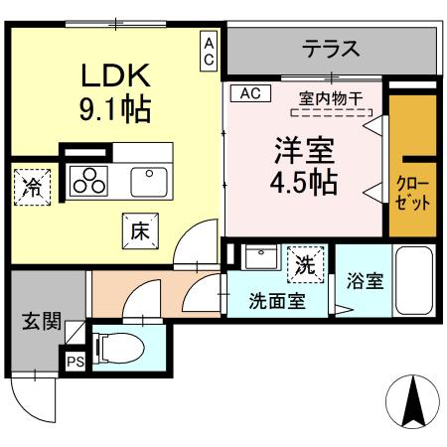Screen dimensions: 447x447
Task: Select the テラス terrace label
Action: click(x=331, y=48)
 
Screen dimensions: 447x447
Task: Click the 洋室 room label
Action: click(x=304, y=151)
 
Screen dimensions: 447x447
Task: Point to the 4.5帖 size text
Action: click(x=304, y=184)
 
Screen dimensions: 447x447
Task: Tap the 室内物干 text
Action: click(x=330, y=96)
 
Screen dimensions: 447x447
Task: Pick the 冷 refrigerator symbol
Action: click(x=33, y=187)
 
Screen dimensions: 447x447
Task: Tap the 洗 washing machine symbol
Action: click(x=305, y=264)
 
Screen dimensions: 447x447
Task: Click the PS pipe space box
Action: click(x=74, y=363)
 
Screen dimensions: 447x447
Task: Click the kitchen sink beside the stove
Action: click(x=148, y=180)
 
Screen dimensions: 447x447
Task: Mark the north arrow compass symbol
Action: click(x=412, y=399)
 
